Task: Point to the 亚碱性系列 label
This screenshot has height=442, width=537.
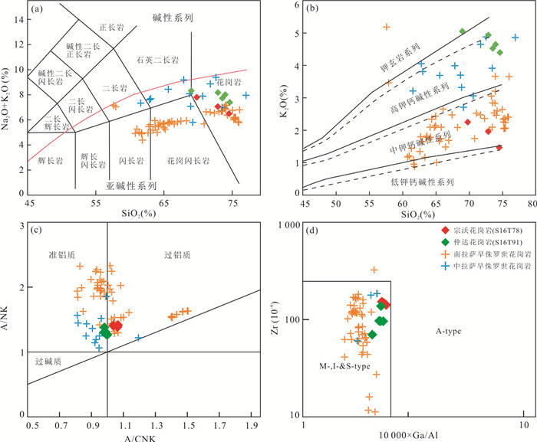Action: tap(131, 185)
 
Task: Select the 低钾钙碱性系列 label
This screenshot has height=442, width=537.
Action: tap(421, 182)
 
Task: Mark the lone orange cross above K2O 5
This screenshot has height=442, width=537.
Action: tap(387, 28)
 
